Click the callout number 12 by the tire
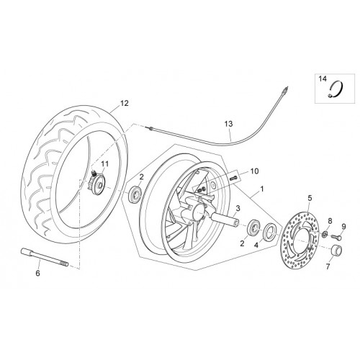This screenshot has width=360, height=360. [125, 103]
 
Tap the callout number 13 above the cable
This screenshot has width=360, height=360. [228, 124]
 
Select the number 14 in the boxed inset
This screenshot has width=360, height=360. [323, 78]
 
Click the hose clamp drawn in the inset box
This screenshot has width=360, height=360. [336, 89]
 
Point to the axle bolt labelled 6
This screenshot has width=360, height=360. [45, 257]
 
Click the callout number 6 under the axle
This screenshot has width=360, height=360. [37, 273]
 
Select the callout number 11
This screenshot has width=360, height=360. [104, 164]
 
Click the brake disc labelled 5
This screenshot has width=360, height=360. [301, 240]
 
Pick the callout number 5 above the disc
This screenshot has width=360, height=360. [310, 198]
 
